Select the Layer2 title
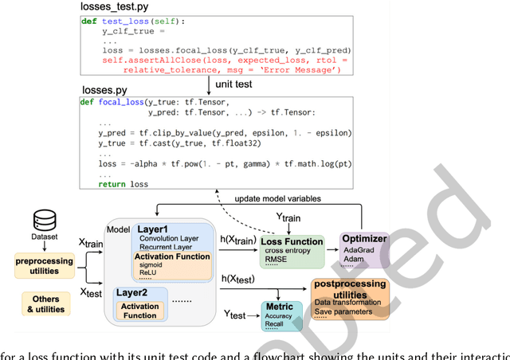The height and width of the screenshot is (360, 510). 133,293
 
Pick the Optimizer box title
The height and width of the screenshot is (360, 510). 363,237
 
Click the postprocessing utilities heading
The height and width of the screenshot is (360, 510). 351,288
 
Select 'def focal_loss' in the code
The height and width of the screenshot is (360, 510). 109,102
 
